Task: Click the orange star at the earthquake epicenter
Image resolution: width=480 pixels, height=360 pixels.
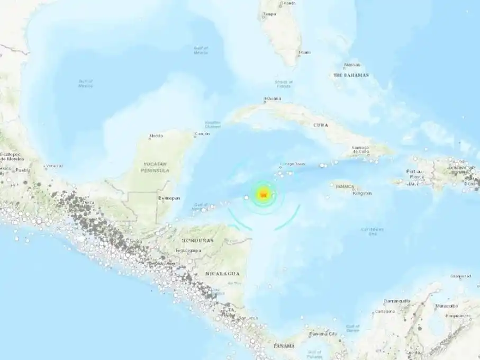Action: [x=263, y=194]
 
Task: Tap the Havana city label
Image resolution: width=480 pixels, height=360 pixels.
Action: [x=273, y=98]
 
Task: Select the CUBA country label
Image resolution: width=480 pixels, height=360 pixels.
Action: [x=320, y=125]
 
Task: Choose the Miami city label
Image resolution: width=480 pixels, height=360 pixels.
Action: [x=304, y=52]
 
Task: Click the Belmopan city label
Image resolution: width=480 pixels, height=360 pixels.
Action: [x=169, y=198]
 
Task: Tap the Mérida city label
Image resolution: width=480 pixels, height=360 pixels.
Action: [x=156, y=136]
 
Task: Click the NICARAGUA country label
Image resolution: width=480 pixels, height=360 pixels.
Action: [x=222, y=273]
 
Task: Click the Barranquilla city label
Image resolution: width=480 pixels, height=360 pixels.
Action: [x=397, y=301]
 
